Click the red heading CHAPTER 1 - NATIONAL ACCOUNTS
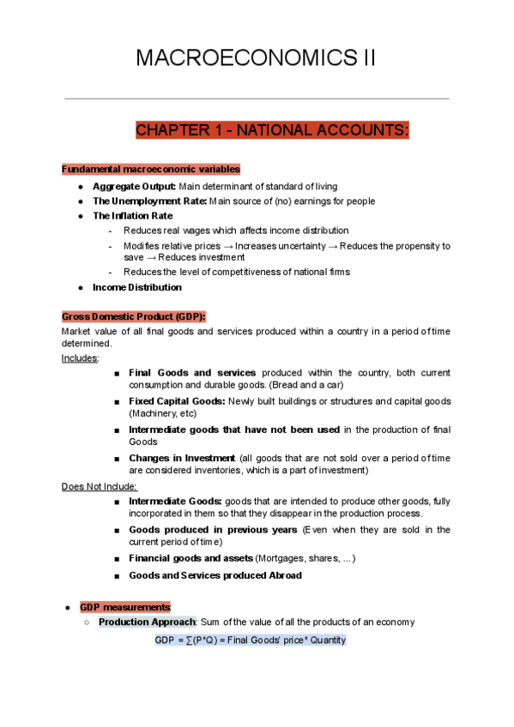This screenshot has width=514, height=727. point(272,130)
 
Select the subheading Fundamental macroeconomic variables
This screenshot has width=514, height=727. point(151,170)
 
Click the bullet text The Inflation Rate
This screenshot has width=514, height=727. point(132,216)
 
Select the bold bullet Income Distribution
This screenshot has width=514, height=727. point(136,287)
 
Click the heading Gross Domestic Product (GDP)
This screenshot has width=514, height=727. point(134,316)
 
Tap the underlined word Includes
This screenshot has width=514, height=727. point(80,357)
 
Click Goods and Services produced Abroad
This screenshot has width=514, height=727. point(215,575)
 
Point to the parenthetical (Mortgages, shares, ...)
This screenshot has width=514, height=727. point(305,559)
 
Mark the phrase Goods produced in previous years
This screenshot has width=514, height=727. point(214,530)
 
